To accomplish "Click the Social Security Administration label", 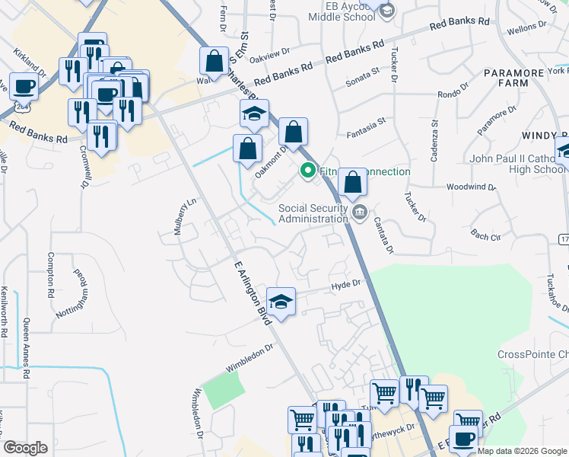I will [x=312, y=214].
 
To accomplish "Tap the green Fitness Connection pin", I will [x=308, y=171].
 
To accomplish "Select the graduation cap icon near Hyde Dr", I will [x=281, y=302].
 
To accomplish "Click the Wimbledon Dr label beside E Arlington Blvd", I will [x=250, y=360].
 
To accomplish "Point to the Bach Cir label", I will [x=485, y=236].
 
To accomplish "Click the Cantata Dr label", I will [x=384, y=232].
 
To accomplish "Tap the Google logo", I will [x=25, y=448].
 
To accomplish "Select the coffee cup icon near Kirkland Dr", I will [x=24, y=87].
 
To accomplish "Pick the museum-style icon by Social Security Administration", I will [x=361, y=211].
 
